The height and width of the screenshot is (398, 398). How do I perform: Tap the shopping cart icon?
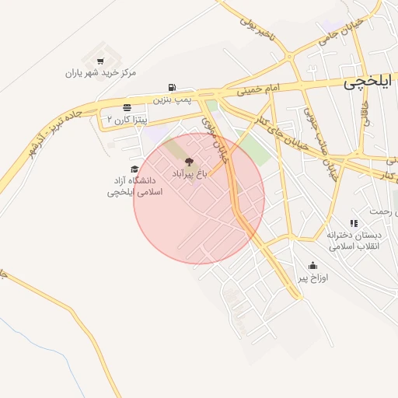(99, 61)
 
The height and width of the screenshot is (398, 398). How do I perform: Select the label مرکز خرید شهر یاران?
(100, 73)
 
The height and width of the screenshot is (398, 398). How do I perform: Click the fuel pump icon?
(171, 88)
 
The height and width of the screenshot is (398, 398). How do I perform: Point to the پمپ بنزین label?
(171, 99)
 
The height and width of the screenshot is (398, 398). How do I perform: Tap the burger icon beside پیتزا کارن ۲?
(127, 107)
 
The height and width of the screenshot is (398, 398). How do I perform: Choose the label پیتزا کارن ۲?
(127, 120)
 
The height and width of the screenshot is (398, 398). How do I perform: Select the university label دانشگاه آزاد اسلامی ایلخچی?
(134, 185)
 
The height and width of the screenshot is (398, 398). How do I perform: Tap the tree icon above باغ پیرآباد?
(189, 162)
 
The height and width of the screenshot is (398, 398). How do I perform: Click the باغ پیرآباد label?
(189, 173)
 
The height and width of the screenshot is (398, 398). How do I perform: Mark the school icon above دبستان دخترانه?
(354, 223)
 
